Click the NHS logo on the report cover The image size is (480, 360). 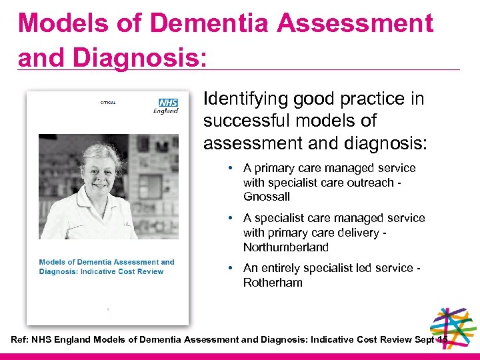pos(167,103)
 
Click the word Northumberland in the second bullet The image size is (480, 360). pos(286,247)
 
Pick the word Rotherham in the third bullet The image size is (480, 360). pos(273,282)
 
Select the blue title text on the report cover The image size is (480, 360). pos(107,266)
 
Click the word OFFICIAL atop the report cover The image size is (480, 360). pos(108,102)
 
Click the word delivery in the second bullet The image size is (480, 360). pos(357,233)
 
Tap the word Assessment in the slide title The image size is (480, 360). pos(355,23)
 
